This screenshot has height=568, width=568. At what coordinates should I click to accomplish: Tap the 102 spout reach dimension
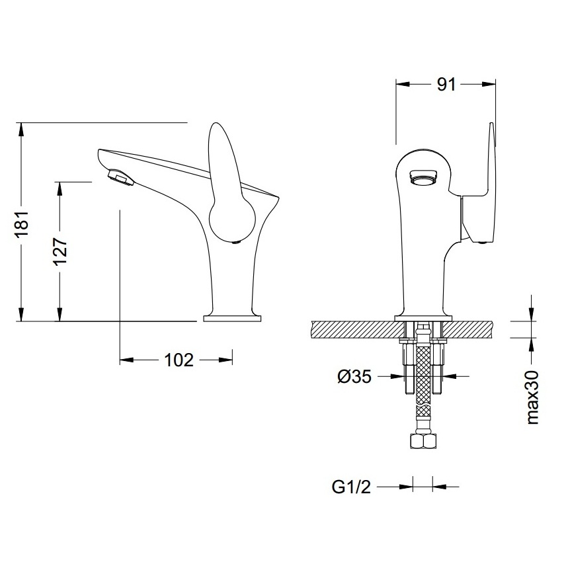pyautogui.click(x=179, y=360)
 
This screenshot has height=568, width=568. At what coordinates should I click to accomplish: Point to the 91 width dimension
pyautogui.click(x=446, y=84)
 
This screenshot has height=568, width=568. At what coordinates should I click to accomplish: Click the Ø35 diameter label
pyautogui.click(x=353, y=377)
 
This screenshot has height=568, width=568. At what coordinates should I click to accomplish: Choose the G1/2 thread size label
pyautogui.click(x=351, y=488)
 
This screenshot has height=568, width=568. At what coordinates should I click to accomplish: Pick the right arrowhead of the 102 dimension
pyautogui.click(x=228, y=360)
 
